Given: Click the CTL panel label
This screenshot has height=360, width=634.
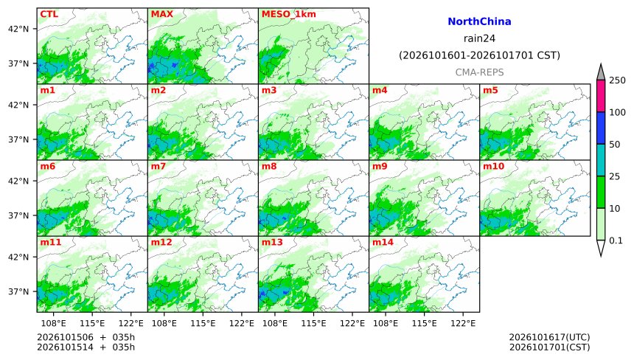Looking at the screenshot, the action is tap(49, 14).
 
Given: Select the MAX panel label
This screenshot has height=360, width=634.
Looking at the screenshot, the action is tap(161, 14).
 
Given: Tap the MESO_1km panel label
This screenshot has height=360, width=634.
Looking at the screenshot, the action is tap(289, 15).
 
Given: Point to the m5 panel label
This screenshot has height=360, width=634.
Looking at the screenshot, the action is tap(490, 90).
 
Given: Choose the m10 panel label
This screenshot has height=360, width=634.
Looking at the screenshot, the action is tap(493, 166).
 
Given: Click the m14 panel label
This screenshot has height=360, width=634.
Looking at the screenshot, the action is tap(383, 242).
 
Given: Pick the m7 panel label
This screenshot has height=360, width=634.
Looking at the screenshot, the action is tap(158, 166).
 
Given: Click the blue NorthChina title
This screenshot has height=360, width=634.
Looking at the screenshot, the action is tap(479, 21).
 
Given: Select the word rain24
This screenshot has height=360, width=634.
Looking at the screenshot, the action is tap(479, 38).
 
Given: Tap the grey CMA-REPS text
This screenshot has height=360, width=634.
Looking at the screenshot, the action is tap(479, 72).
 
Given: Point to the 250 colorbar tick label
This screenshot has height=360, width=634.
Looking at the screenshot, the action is tap(618, 80).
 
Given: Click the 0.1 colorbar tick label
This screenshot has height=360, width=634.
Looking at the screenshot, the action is tap(616, 240).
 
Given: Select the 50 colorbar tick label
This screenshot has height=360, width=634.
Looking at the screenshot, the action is tap(615, 145).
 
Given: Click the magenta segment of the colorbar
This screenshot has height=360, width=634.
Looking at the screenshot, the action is tap(601, 96).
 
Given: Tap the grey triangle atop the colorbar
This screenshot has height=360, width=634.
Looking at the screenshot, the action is tap(601, 72).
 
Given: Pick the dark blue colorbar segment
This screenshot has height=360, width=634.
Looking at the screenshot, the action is tap(601, 128).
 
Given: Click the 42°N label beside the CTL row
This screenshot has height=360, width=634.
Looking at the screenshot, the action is tap(18, 29).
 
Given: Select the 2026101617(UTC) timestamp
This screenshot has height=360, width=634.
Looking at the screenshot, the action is tap(549, 337).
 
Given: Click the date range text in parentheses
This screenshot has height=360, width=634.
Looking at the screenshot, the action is tap(479, 55).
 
